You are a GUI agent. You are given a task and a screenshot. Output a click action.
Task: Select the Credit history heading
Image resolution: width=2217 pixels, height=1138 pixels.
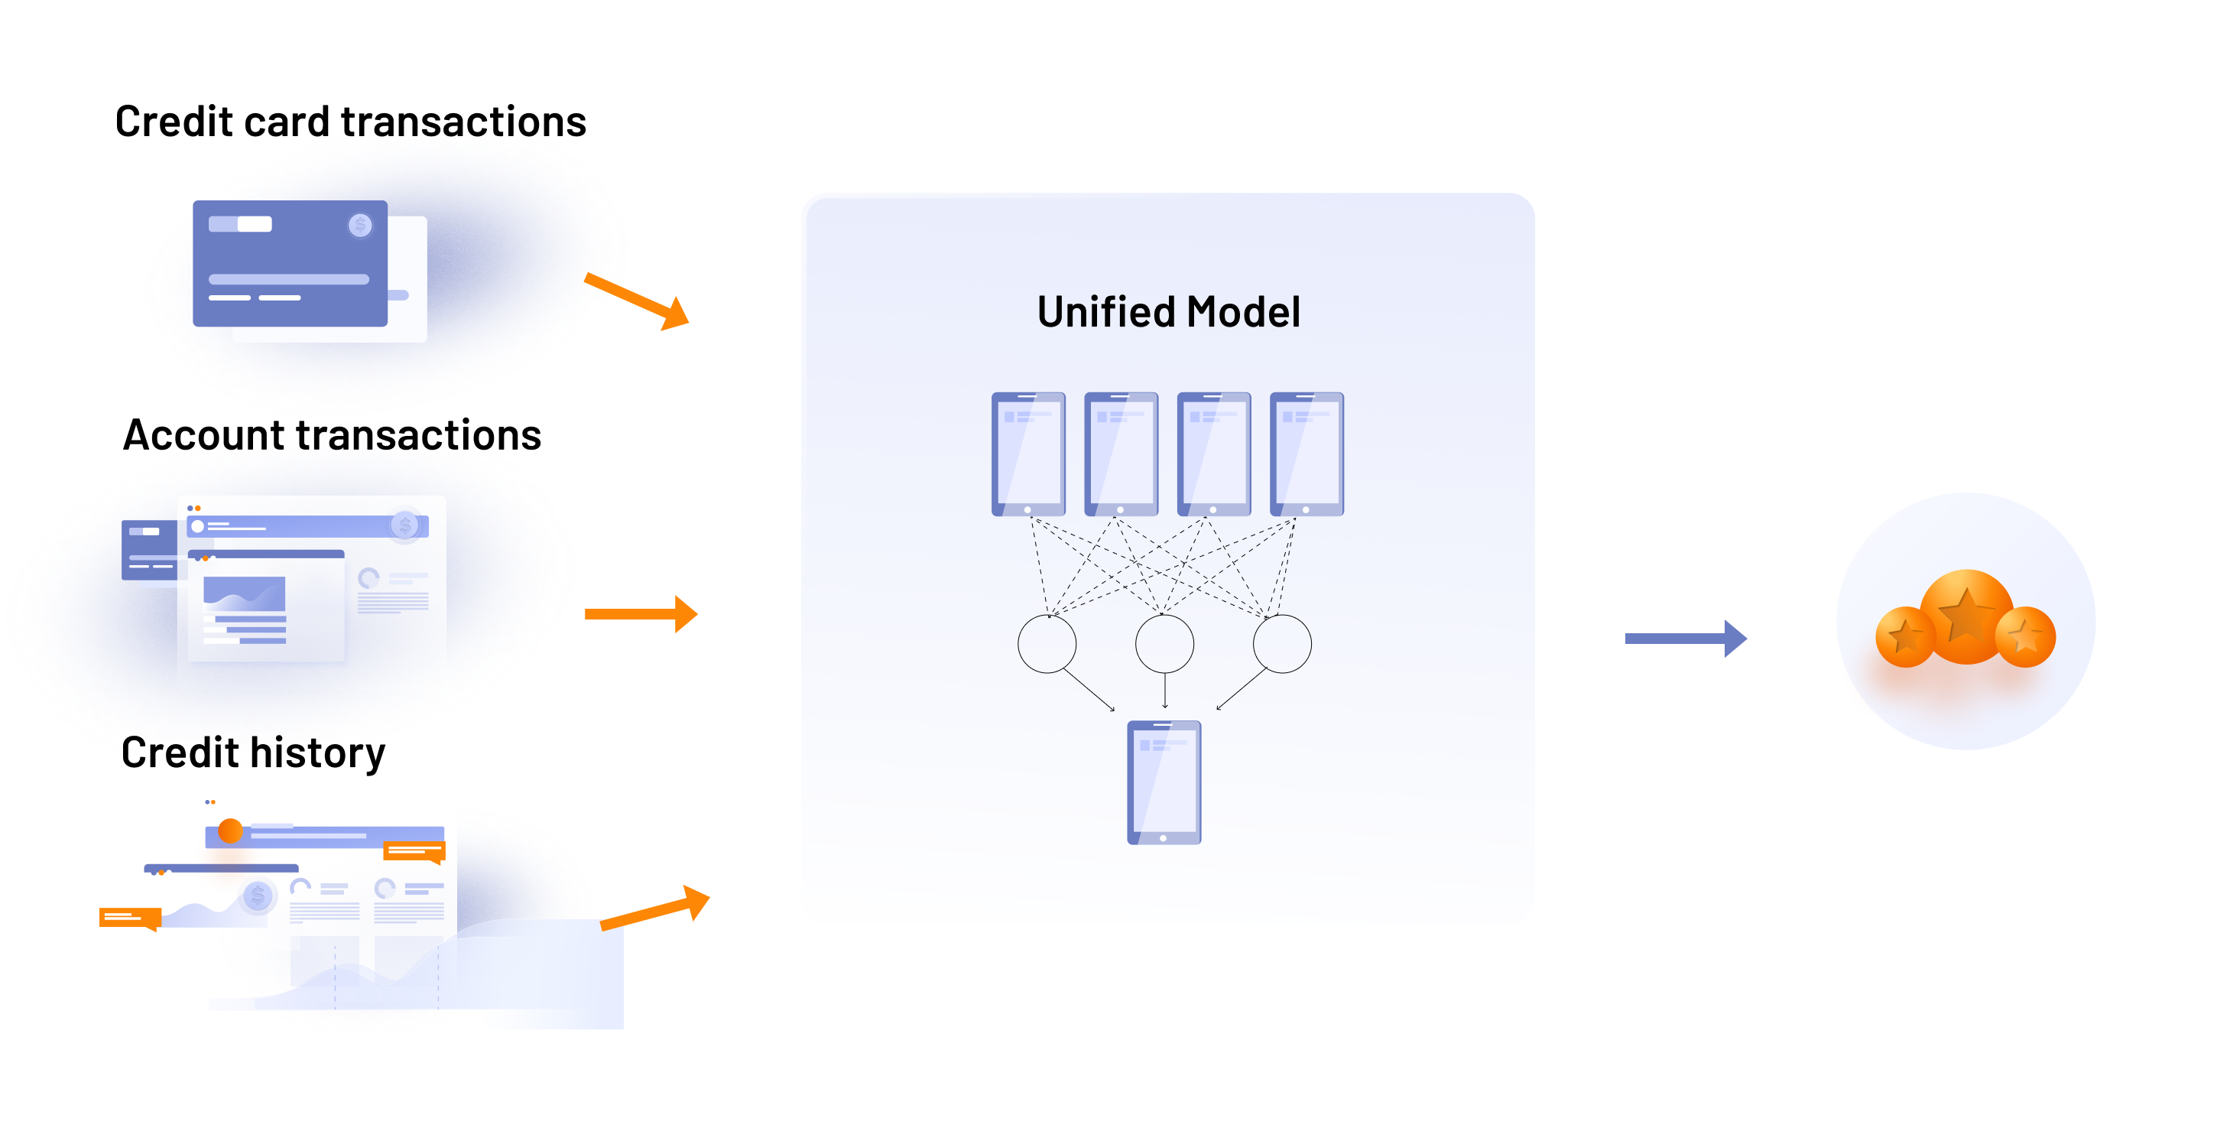[253, 753]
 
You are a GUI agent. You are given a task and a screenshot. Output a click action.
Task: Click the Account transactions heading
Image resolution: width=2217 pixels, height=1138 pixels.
[333, 434]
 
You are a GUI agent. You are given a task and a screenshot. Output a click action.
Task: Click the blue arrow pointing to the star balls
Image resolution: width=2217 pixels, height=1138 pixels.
[1684, 638]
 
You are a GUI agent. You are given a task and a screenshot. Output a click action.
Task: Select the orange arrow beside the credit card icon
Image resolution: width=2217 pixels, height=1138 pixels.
[638, 301]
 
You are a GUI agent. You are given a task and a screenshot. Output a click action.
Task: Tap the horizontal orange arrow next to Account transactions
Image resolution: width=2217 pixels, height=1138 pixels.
[641, 614]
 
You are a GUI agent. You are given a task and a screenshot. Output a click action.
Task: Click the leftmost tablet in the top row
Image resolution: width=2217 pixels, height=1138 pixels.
[1027, 454]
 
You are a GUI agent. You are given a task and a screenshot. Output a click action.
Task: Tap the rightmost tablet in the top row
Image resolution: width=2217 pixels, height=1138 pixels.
[1307, 454]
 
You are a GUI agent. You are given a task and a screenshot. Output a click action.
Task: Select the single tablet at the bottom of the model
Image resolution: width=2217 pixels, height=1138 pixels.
[1164, 782]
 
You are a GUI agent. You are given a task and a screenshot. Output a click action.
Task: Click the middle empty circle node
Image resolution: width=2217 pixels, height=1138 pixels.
[1164, 644]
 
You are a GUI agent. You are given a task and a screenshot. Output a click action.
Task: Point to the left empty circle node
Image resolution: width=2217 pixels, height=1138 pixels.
[1047, 644]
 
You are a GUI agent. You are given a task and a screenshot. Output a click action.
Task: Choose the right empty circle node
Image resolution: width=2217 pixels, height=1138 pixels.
[1281, 644]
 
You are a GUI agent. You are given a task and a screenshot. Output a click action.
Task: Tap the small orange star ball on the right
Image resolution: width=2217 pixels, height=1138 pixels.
[2025, 637]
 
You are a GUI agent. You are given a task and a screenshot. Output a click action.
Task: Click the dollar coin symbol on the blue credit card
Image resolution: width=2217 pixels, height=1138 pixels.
[360, 226]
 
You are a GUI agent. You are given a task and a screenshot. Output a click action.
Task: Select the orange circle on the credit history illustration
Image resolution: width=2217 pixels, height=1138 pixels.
[230, 831]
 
